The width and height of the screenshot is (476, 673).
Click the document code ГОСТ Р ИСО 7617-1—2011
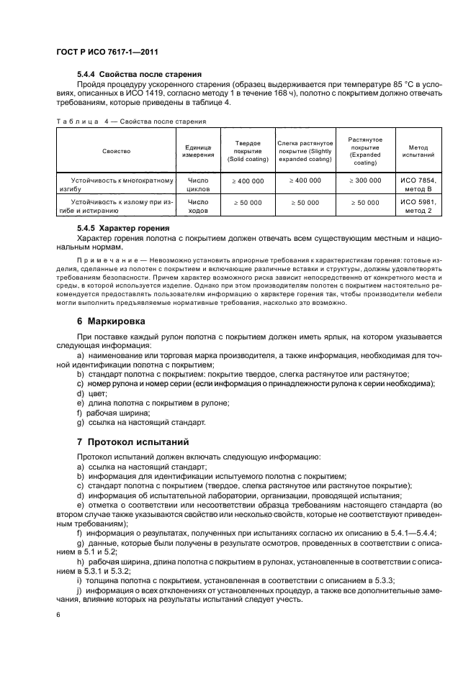pyautogui.click(x=107, y=52)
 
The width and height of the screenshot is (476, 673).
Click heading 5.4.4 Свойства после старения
pyautogui.click(x=139, y=75)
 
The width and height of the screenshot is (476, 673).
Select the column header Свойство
pyautogui.click(x=116, y=151)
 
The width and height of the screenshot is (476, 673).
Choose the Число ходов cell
pyautogui.click(x=197, y=207)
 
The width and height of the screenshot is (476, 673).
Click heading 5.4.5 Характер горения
pyautogui.click(x=130, y=228)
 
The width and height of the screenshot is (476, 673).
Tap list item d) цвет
pyautogui.click(x=91, y=393)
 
